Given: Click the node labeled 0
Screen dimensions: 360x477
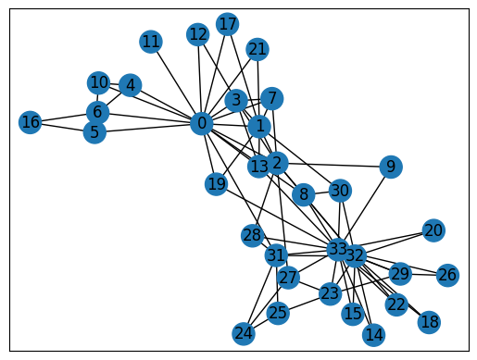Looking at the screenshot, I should (201, 123).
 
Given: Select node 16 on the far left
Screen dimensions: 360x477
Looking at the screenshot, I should (31, 122).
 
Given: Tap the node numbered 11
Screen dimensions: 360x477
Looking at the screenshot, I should (151, 41).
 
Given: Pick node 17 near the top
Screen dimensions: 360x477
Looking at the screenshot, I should (227, 24).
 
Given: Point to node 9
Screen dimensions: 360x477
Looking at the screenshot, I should (392, 167).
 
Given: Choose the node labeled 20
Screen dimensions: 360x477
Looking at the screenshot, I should (433, 230).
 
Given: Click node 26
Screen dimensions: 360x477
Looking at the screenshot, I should (447, 275).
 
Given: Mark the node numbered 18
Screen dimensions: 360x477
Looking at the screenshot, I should (429, 321).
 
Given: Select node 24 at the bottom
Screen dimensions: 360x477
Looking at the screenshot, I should (244, 333).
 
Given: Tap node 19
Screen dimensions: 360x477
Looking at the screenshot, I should (217, 184).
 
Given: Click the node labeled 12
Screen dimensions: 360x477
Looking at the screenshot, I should (197, 34).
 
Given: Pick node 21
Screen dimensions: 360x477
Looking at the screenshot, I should (257, 49).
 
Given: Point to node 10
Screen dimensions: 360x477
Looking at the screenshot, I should (99, 82).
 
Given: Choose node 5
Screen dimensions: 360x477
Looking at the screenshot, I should (94, 132).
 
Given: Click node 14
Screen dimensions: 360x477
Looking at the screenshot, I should (374, 334).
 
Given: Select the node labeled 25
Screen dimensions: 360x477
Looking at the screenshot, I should (278, 313).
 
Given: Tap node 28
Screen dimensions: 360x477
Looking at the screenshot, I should (253, 235).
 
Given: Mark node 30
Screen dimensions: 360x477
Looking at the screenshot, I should (340, 191).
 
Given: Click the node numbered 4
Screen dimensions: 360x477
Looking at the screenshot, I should (130, 85).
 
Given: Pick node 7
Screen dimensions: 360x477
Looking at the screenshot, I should (270, 98).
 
